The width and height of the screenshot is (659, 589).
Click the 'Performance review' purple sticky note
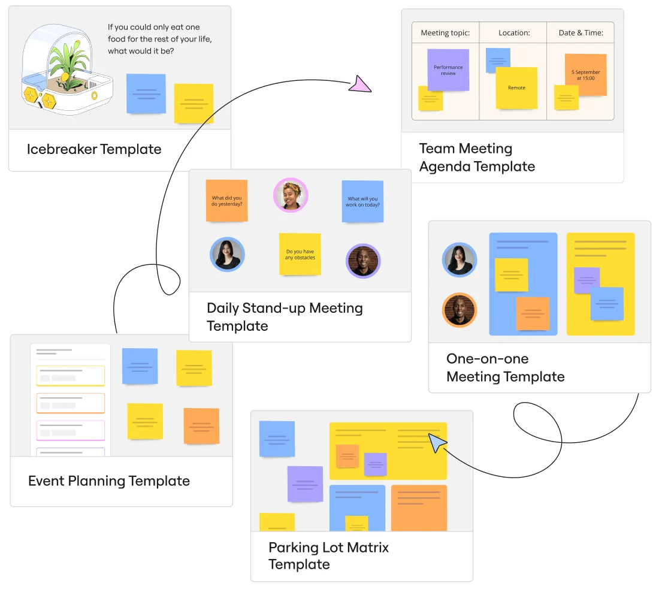pos(448,70)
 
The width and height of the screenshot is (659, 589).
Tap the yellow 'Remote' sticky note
pos(516,87)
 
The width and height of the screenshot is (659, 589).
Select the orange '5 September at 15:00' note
pos(585,75)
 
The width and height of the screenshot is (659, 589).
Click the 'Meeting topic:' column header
pos(445,33)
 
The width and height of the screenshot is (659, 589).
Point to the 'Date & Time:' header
pos(581,33)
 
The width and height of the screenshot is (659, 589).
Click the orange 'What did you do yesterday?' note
pos(226,201)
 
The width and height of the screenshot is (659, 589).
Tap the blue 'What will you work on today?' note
pos(362,201)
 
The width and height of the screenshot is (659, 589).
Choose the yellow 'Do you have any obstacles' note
pos(300,254)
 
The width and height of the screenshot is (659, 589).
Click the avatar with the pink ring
pos(291,195)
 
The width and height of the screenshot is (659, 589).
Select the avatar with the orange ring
pos(459,310)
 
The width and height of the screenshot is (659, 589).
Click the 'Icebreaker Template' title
pos(94,149)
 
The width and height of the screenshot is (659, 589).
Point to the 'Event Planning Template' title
pos(109,481)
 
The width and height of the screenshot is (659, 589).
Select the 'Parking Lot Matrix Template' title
pos(328,555)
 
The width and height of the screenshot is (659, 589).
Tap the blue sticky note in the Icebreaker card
pos(146,93)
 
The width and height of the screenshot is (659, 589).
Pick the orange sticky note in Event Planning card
pos(201,425)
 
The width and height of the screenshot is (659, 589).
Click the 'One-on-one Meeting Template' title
pos(505,367)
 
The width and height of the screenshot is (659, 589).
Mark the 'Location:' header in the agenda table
pos(514,33)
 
